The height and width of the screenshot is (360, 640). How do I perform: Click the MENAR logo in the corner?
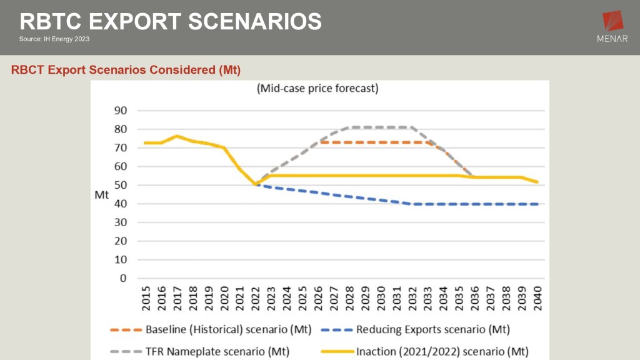click(x=612, y=29)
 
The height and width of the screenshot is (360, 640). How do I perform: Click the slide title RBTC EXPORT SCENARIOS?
click(x=171, y=22)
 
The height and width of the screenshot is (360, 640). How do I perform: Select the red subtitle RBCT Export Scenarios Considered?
click(x=126, y=69)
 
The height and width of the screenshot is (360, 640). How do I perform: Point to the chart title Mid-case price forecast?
click(x=317, y=89)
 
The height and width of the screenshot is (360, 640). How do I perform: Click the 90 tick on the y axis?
click(x=119, y=111)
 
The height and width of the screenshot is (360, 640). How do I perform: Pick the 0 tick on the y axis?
click(x=123, y=278)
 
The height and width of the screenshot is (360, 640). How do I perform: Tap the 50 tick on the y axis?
click(x=119, y=185)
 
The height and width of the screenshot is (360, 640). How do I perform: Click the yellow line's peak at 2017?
click(x=177, y=136)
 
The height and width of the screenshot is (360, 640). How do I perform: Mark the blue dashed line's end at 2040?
click(x=537, y=204)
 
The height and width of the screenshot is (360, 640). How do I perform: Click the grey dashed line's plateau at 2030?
click(x=381, y=127)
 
